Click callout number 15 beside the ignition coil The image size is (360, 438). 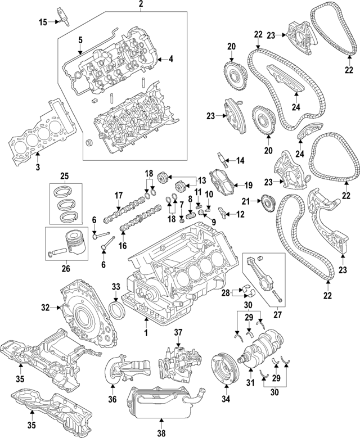[43, 22]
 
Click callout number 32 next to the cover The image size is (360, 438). [46, 308]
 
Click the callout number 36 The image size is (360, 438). [112, 399]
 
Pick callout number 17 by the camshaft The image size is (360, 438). [119, 195]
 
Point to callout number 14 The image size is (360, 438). [240, 161]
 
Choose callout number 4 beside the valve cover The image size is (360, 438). [171, 58]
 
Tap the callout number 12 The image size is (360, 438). [241, 214]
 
